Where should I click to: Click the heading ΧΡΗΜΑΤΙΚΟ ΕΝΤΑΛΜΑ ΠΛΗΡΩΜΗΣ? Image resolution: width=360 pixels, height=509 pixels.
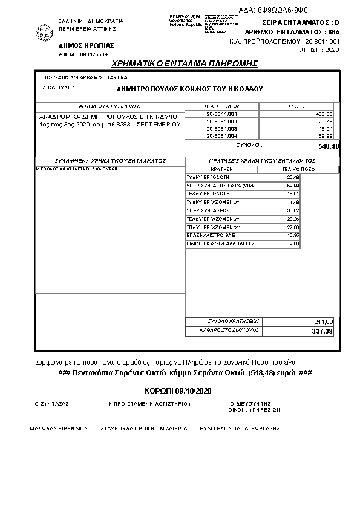coord(185,63)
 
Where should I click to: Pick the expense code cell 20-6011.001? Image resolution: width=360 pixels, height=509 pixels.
coord(222,114)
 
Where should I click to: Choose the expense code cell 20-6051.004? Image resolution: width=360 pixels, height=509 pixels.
coord(222,137)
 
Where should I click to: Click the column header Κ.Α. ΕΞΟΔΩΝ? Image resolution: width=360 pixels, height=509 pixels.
coord(223,105)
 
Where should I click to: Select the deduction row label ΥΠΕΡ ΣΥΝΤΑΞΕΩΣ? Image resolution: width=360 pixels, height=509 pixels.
coord(205,209)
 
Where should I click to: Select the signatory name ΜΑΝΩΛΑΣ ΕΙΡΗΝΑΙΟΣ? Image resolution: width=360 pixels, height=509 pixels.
coord(59,428)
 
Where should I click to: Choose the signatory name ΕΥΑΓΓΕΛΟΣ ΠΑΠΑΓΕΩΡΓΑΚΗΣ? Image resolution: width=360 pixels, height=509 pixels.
coord(249,428)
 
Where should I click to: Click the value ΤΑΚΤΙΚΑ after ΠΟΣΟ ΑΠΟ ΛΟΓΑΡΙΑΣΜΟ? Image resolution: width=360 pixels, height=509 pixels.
coord(117,78)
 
